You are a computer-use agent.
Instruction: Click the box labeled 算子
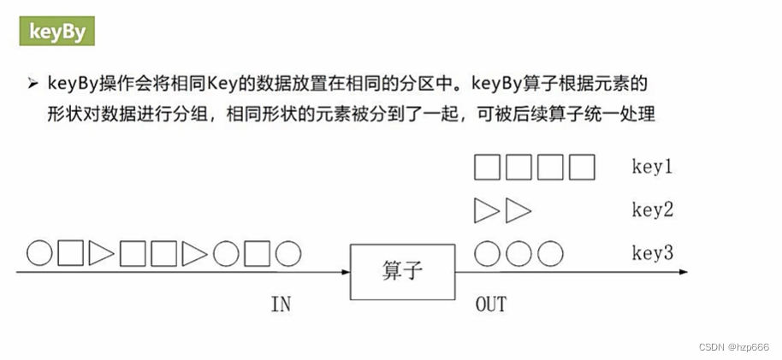402,272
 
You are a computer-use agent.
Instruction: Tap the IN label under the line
281,304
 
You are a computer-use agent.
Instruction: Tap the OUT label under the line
490,304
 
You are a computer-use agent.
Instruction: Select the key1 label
652,167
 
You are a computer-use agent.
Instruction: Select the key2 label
652,210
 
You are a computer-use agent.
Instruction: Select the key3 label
652,253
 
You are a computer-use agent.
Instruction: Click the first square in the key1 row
488,167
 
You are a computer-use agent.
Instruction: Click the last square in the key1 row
582,167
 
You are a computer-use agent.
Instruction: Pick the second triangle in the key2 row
518,210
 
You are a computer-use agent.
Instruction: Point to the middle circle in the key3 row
519,253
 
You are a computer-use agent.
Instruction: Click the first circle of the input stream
39,253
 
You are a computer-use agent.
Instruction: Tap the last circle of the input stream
289,253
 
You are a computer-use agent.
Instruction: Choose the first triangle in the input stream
102,253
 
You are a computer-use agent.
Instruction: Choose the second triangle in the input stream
195,253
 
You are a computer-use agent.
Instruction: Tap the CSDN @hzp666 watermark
733,347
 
